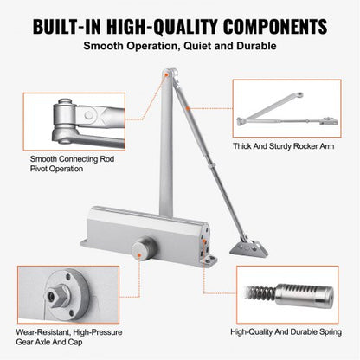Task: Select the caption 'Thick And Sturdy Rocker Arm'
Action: click(284, 147)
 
